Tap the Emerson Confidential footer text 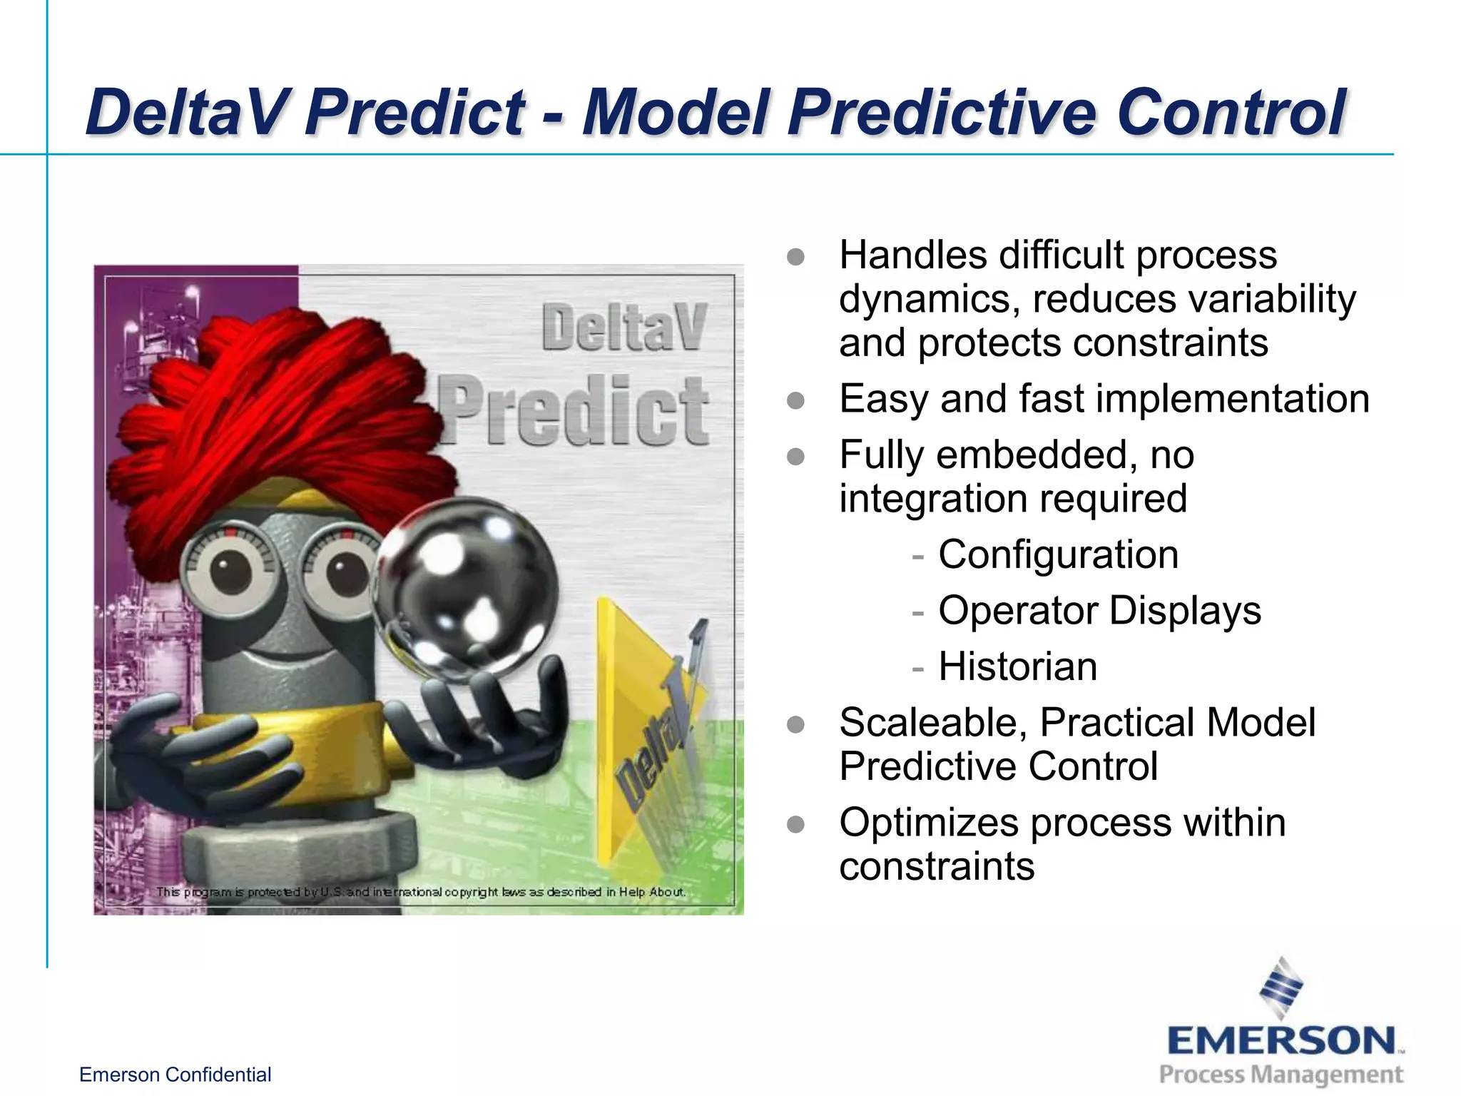point(175,1075)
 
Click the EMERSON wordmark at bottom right point(1281,1041)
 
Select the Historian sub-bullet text point(1017,666)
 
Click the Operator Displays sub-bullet point(1099,611)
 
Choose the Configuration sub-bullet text point(1058,554)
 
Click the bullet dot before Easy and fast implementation point(795,400)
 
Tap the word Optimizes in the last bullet point(928,823)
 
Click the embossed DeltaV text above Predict point(623,328)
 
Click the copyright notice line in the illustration point(421,892)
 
